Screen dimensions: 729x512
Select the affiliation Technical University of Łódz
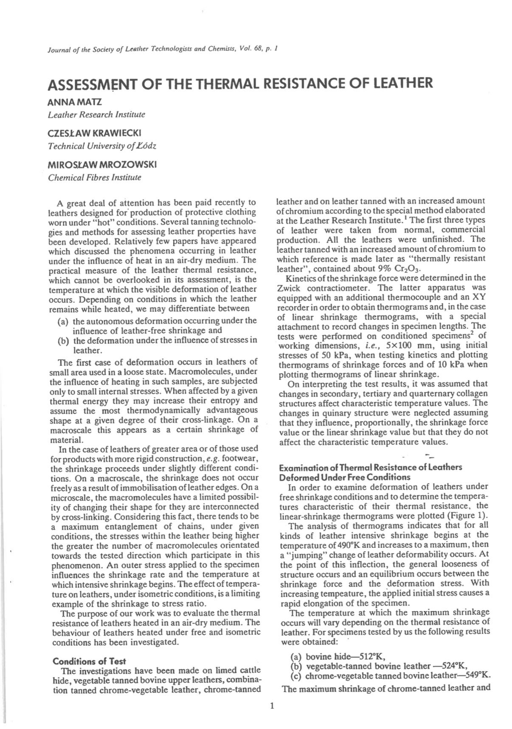[102, 146]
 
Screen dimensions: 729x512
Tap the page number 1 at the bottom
[272, 706]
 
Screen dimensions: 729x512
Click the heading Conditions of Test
[89, 661]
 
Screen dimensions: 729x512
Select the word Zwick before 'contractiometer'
[289, 288]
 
